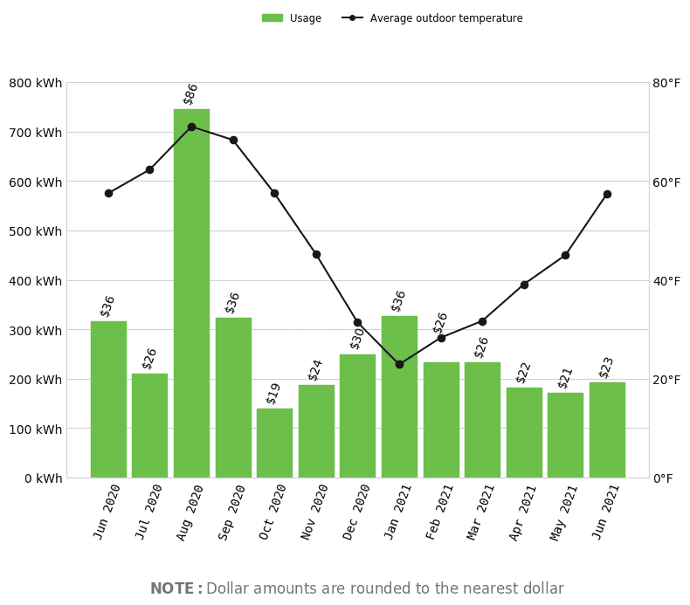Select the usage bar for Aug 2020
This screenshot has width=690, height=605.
191,293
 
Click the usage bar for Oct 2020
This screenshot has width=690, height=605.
274,443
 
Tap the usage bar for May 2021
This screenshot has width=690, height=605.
565,435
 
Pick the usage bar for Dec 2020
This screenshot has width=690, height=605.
358,416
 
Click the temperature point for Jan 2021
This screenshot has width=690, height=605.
399,364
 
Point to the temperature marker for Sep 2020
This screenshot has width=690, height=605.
234,141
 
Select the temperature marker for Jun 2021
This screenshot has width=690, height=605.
607,194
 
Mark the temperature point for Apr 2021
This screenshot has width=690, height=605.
524,285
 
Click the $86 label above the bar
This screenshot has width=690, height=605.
190,94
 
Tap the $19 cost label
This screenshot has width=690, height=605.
273,394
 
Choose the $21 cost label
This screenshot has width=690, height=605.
564,378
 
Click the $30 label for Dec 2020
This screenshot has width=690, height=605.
356,339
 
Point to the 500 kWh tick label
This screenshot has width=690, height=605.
35,231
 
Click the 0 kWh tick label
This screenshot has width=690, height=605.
43,478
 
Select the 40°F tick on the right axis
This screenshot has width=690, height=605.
666,281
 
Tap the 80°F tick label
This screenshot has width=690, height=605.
666,83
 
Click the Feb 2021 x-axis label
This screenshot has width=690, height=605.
438,512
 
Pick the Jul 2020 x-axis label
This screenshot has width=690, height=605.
148,512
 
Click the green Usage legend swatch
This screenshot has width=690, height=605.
273,18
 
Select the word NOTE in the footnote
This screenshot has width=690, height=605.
172,588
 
